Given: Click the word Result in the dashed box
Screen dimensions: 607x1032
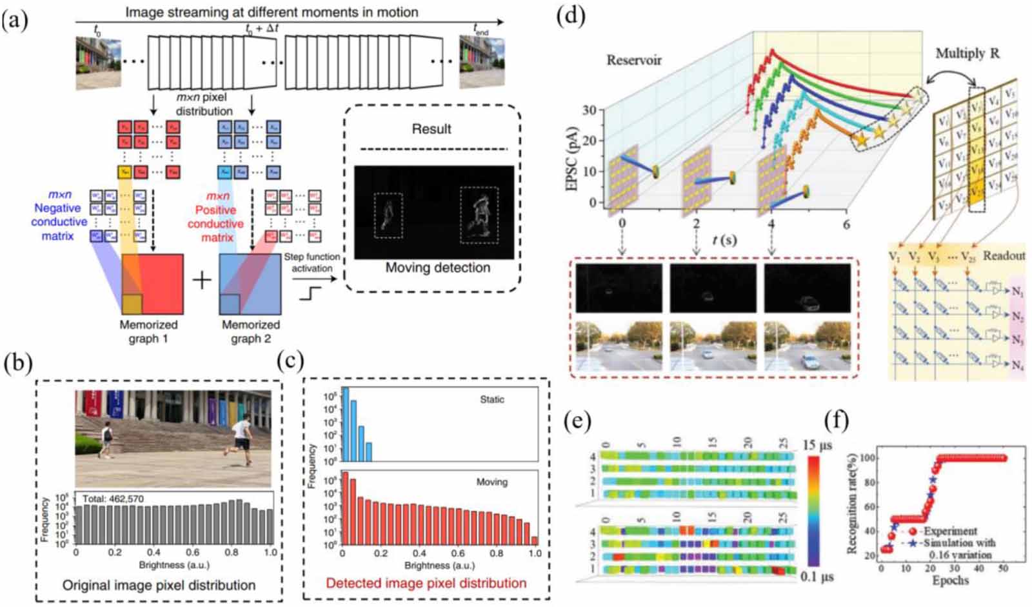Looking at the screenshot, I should [x=432, y=129].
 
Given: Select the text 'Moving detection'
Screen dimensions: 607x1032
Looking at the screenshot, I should [x=437, y=268].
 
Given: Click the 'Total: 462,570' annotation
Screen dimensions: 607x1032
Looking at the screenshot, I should [x=113, y=499].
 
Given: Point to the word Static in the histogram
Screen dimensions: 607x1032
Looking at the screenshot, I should [x=491, y=400].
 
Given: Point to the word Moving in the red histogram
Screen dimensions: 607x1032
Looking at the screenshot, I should [x=491, y=482].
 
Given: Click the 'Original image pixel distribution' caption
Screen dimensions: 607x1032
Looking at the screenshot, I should [x=159, y=586].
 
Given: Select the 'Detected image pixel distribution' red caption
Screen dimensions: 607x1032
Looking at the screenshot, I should [x=426, y=583].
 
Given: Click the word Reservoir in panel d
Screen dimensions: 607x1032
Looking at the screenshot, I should [x=633, y=61].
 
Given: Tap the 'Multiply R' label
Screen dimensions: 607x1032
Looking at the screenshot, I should [x=967, y=54].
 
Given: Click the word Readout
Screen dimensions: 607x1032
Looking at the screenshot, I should [x=1004, y=256].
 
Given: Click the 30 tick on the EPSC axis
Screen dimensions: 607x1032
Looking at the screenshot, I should [x=589, y=110].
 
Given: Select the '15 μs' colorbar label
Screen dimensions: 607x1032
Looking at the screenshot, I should [x=817, y=446].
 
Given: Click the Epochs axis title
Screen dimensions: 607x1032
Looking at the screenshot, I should [x=950, y=580].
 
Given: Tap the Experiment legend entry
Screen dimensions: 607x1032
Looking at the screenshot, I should [x=949, y=531].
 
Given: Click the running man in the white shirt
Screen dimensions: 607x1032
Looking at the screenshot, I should [x=240, y=433].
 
